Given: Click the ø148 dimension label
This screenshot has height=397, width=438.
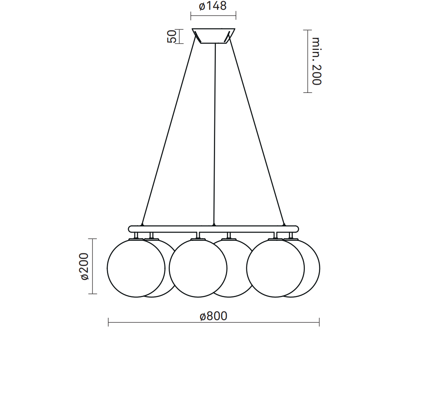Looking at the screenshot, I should [x=213, y=7].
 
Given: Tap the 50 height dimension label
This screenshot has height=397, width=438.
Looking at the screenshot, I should [x=172, y=36].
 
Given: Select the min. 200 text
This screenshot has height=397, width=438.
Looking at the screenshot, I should [x=316, y=61].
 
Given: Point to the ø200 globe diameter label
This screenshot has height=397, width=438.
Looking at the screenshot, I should [x=85, y=266].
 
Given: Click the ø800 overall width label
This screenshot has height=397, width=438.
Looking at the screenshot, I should [x=213, y=316].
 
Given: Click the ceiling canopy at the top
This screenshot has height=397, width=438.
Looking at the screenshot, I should [x=213, y=36].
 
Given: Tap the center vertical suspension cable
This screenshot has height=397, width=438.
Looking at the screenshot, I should [x=214, y=133].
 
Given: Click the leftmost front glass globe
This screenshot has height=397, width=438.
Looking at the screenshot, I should [x=136, y=268].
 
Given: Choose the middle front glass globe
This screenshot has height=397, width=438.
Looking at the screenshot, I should [x=198, y=268].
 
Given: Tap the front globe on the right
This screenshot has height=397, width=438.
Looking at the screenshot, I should [x=275, y=268].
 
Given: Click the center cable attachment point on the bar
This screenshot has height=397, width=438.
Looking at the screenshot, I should [x=214, y=225].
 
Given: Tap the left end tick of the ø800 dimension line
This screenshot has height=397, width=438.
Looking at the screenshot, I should [x=108, y=322].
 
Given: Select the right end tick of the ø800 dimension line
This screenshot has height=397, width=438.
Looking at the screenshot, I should [x=319, y=322].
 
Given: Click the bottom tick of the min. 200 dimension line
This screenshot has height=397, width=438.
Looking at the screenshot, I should [x=308, y=93].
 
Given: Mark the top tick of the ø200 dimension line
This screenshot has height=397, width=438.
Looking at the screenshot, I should [x=93, y=239].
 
